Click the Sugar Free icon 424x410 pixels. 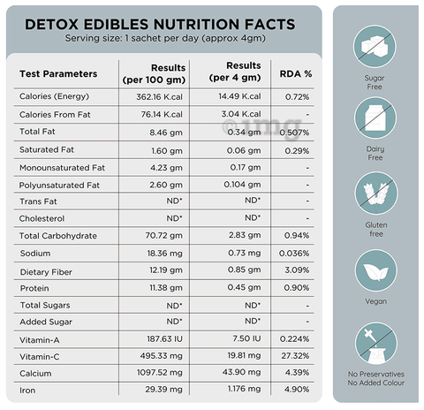[x=375, y=47]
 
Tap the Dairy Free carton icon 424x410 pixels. [x=375, y=118]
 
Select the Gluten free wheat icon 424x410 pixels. [x=376, y=194]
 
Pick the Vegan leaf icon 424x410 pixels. [x=376, y=270]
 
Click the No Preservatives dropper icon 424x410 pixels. [x=376, y=344]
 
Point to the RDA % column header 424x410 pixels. [x=296, y=74]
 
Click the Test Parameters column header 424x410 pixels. [x=58, y=73]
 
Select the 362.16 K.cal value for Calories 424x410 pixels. [x=159, y=97]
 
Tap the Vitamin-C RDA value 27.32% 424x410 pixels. [x=295, y=356]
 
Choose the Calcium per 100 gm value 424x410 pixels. [x=160, y=373]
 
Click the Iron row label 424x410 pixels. [x=27, y=391]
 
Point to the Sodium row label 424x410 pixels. [x=35, y=254]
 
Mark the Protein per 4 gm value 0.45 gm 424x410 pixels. [x=244, y=287]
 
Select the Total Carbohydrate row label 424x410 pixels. [x=58, y=236]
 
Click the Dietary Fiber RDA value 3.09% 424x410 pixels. [x=297, y=270]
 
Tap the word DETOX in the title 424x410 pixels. [x=51, y=24]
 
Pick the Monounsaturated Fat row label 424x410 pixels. [x=62, y=168]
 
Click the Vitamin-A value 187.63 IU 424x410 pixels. [x=165, y=339]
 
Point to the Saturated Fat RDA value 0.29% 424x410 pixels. [x=297, y=151]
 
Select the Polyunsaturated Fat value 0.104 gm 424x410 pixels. [x=242, y=185]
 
